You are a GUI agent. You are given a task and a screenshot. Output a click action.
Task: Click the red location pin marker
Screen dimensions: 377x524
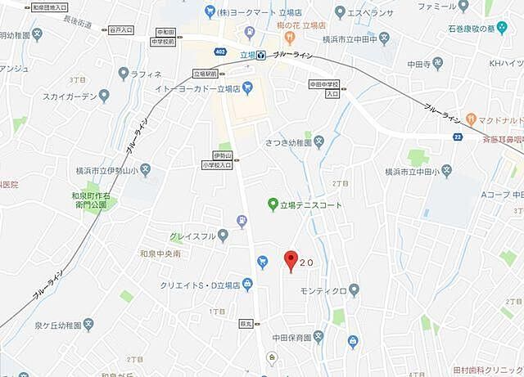pyautogui.click(x=289, y=261)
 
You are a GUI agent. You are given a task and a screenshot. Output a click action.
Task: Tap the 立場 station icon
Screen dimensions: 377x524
pyautogui.click(x=261, y=55)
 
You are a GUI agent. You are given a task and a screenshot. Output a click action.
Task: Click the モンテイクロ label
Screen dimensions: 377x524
pyautogui.click(x=323, y=290)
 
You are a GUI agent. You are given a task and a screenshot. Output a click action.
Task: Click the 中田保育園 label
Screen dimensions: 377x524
pyautogui.click(x=291, y=337)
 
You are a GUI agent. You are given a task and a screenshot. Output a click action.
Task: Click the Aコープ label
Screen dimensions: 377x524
pyautogui.click(x=496, y=195)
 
